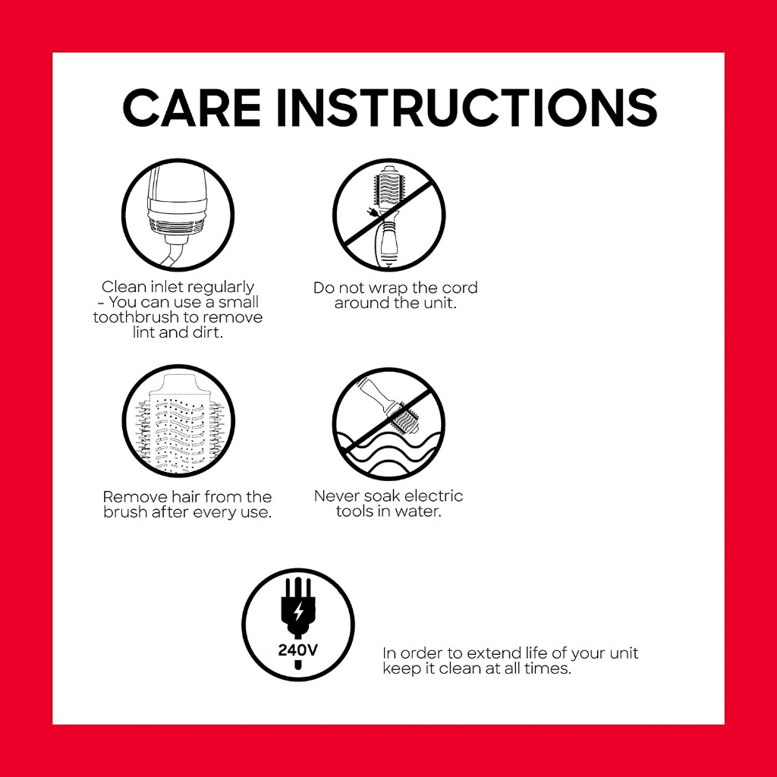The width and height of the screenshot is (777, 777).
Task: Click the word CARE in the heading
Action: click(191, 107)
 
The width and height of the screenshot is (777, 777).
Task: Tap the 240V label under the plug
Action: click(297, 650)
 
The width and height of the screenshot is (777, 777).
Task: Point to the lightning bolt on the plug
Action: click(298, 612)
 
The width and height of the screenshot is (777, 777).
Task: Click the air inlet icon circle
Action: click(178, 215)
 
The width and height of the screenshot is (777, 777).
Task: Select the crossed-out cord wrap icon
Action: click(389, 215)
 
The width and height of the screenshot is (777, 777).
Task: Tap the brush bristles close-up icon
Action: click(178, 420)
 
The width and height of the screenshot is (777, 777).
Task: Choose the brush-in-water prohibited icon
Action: click(389, 423)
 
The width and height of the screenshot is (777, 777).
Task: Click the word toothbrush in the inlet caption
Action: click(144, 317)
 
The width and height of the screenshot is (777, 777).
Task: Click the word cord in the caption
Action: click(459, 288)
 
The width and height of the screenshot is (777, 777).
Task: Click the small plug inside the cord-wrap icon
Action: click(370, 212)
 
